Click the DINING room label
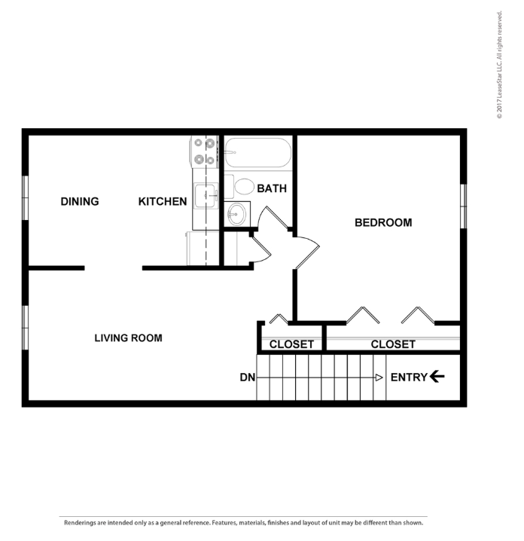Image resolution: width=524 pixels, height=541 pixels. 79,201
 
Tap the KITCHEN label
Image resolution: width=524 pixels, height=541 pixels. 163,201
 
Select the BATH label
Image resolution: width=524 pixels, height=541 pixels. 272,188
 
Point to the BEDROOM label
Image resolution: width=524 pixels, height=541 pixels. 382,222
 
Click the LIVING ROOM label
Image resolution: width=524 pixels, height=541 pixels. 128,338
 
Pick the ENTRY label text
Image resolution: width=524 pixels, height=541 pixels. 409,377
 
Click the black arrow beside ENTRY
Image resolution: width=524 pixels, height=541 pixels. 437,377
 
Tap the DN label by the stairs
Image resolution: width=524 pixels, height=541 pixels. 247,377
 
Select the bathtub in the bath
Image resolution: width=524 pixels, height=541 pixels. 257,153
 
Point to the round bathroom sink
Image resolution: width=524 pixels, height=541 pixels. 237,213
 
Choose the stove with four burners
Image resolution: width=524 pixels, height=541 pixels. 205,151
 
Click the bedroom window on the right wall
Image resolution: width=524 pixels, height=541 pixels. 464,205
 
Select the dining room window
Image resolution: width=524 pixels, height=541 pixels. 25,198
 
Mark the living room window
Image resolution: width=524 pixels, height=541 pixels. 25,327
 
